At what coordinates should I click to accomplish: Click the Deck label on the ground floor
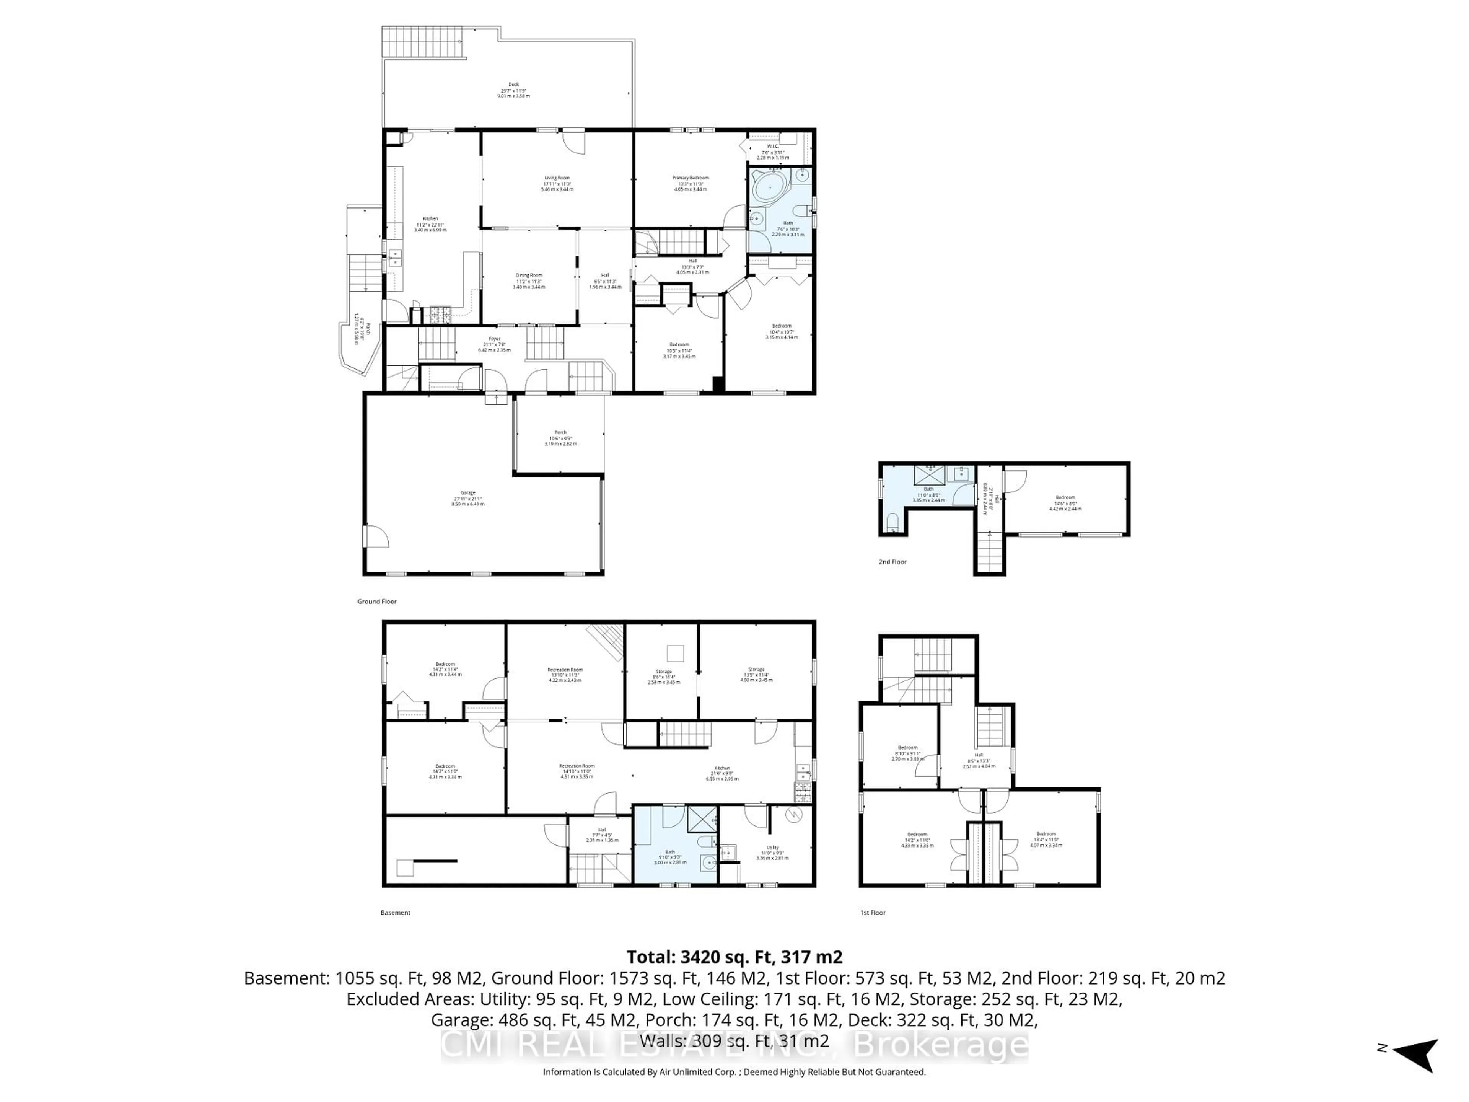(513, 84)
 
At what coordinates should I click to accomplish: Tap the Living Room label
(557, 178)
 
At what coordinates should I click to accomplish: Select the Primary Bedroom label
(691, 178)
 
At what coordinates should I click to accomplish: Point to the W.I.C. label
(773, 146)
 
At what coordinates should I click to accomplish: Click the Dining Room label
(529, 275)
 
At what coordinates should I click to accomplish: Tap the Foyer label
(495, 339)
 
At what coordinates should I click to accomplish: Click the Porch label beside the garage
(560, 432)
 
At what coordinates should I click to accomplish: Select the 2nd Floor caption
(892, 562)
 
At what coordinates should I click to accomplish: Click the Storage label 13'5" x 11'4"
(756, 670)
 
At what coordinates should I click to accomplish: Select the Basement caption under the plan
(395, 913)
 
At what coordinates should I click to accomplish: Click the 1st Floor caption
(873, 913)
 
